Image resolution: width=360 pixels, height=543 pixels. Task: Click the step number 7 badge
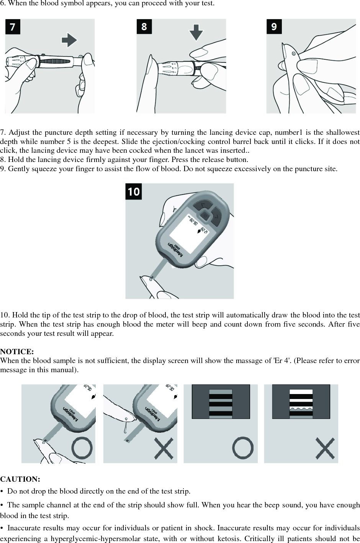click(13, 27)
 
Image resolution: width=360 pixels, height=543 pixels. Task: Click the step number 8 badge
click(144, 26)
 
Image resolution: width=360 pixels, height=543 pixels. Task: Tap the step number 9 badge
click(274, 26)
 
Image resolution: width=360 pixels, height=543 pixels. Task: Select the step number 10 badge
click(134, 191)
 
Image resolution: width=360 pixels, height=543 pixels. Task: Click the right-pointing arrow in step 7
click(69, 39)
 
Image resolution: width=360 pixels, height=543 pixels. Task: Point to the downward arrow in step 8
click(196, 32)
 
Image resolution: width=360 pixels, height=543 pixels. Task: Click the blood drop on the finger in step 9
click(293, 54)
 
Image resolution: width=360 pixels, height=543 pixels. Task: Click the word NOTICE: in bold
click(17, 352)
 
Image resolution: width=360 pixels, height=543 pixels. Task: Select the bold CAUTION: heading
click(20, 479)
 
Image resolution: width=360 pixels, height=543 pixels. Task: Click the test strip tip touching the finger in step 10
click(152, 278)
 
